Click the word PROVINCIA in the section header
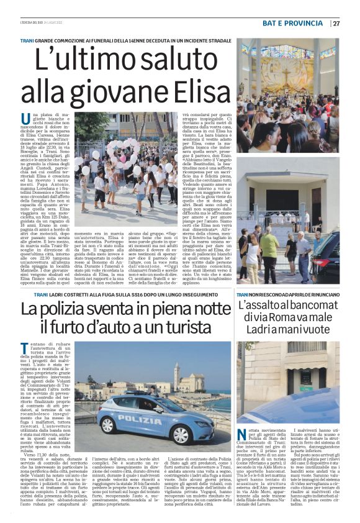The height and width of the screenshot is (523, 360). click(x=305, y=24)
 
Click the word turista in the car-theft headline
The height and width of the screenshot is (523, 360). click(x=199, y=329)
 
